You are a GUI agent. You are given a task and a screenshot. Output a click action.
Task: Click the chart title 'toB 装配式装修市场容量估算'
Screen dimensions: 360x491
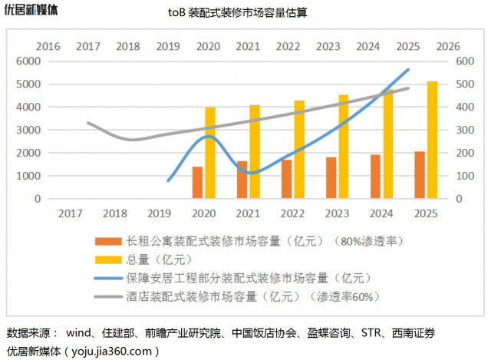[245, 13]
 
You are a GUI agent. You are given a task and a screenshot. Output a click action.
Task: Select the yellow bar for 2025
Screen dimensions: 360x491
[433, 140]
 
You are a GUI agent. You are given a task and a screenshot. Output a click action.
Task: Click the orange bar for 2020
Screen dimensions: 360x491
[197, 183]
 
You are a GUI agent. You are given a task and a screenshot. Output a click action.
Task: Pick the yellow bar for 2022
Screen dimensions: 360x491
[299, 150]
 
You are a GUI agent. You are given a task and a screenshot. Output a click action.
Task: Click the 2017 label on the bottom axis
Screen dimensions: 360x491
[71, 213]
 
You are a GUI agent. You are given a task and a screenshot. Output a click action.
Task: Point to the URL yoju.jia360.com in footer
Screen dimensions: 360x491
[111, 351]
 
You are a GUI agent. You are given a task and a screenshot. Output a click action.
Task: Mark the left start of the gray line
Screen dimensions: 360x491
[87, 122]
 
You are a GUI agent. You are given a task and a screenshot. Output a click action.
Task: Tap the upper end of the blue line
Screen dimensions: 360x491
[409, 69]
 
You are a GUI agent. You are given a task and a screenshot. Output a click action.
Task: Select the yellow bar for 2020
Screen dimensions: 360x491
[210, 153]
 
